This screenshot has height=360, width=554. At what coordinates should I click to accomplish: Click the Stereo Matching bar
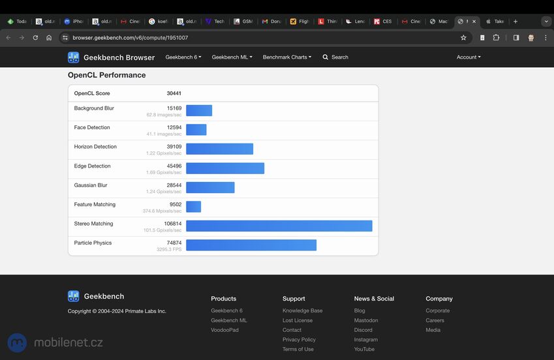tap(279, 226)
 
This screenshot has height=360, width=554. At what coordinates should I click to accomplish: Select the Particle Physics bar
tap(251, 245)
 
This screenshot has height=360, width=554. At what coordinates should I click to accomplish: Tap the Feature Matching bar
tap(193, 207)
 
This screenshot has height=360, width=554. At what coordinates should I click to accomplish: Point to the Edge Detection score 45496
tap(174, 166)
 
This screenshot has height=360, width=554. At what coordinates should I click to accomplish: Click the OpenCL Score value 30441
tap(174, 93)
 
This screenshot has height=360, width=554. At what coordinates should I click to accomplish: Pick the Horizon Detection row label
tap(95, 147)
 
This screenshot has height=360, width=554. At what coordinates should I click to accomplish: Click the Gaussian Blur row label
tap(91, 185)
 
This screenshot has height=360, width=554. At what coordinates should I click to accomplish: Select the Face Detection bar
tap(196, 130)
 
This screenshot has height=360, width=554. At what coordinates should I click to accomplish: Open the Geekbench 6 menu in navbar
tap(183, 57)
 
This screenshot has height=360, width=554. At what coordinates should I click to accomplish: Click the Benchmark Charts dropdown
tap(286, 57)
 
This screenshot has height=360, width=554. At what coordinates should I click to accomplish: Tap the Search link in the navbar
tap(335, 57)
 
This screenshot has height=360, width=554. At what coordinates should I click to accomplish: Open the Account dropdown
tap(468, 57)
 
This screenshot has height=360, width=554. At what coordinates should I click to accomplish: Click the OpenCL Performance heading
tap(106, 75)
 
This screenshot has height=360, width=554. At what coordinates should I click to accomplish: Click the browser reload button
tap(35, 38)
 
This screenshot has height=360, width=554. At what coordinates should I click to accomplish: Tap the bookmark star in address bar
tap(463, 38)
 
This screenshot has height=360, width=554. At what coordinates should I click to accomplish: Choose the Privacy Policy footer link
tap(299, 340)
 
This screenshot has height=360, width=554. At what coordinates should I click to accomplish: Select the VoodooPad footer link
tap(224, 330)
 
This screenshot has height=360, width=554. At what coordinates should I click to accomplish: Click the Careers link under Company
tap(435, 320)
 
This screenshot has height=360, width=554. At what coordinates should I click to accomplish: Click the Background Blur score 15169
tap(174, 108)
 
